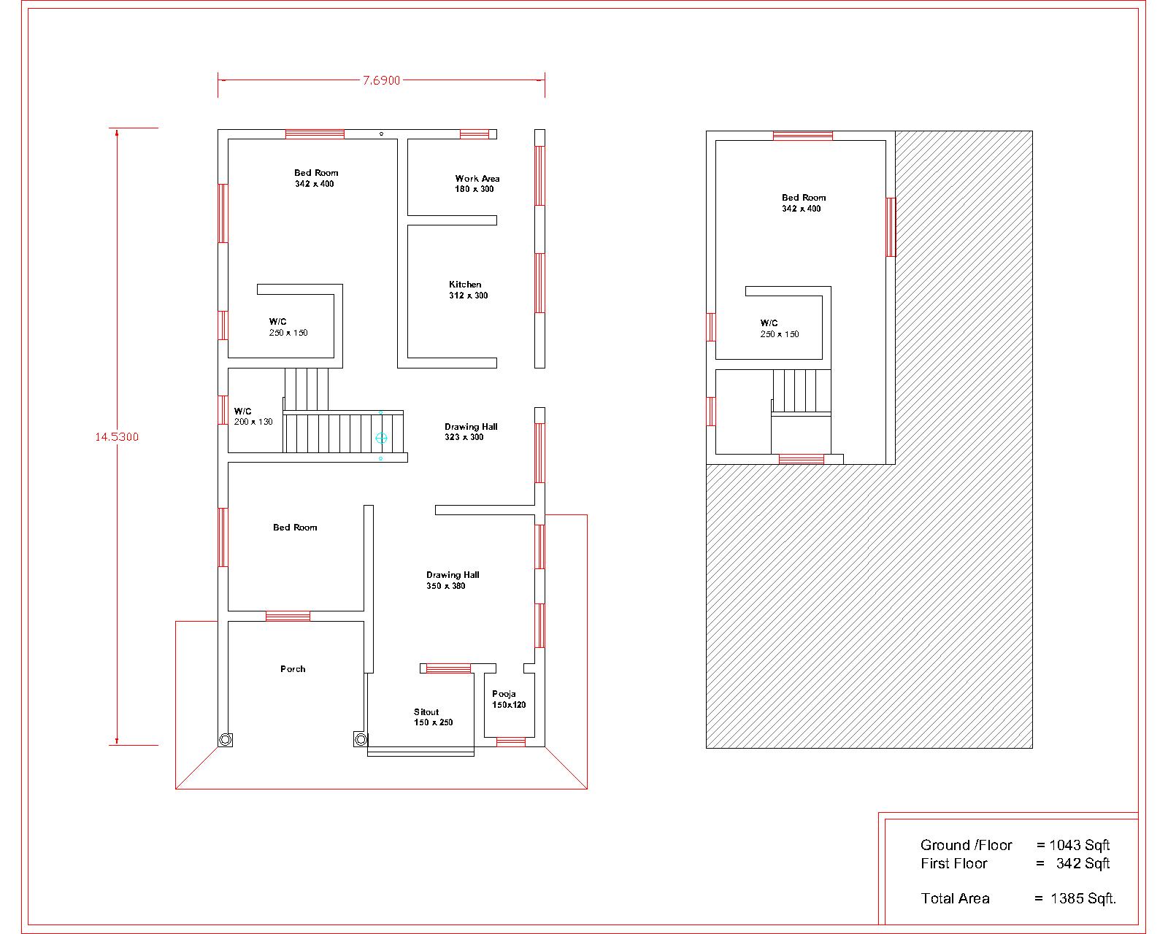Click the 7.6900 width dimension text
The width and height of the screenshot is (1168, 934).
[x=382, y=81]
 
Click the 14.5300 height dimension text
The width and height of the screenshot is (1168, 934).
[x=117, y=437]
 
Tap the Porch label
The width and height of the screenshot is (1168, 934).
[x=293, y=669]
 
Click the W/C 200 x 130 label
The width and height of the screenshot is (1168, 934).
[x=253, y=417]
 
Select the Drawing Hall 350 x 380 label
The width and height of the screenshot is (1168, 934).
[x=452, y=580]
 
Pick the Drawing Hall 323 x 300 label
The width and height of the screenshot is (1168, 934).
[x=470, y=432]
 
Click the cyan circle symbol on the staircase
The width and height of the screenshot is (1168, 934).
[x=381, y=438]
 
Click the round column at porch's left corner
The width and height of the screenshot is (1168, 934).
[x=226, y=739]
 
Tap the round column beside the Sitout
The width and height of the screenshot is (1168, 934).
[x=361, y=739]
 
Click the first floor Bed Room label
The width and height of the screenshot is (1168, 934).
[x=803, y=203]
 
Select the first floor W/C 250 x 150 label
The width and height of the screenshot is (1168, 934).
[x=779, y=328]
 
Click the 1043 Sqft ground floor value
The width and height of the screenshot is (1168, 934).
[x=1079, y=845]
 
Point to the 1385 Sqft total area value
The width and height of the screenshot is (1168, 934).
[x=1083, y=898]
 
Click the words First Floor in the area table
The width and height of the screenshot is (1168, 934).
[x=953, y=864]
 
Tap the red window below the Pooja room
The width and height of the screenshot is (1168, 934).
[x=511, y=742]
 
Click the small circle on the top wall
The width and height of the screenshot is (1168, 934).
[x=381, y=134]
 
